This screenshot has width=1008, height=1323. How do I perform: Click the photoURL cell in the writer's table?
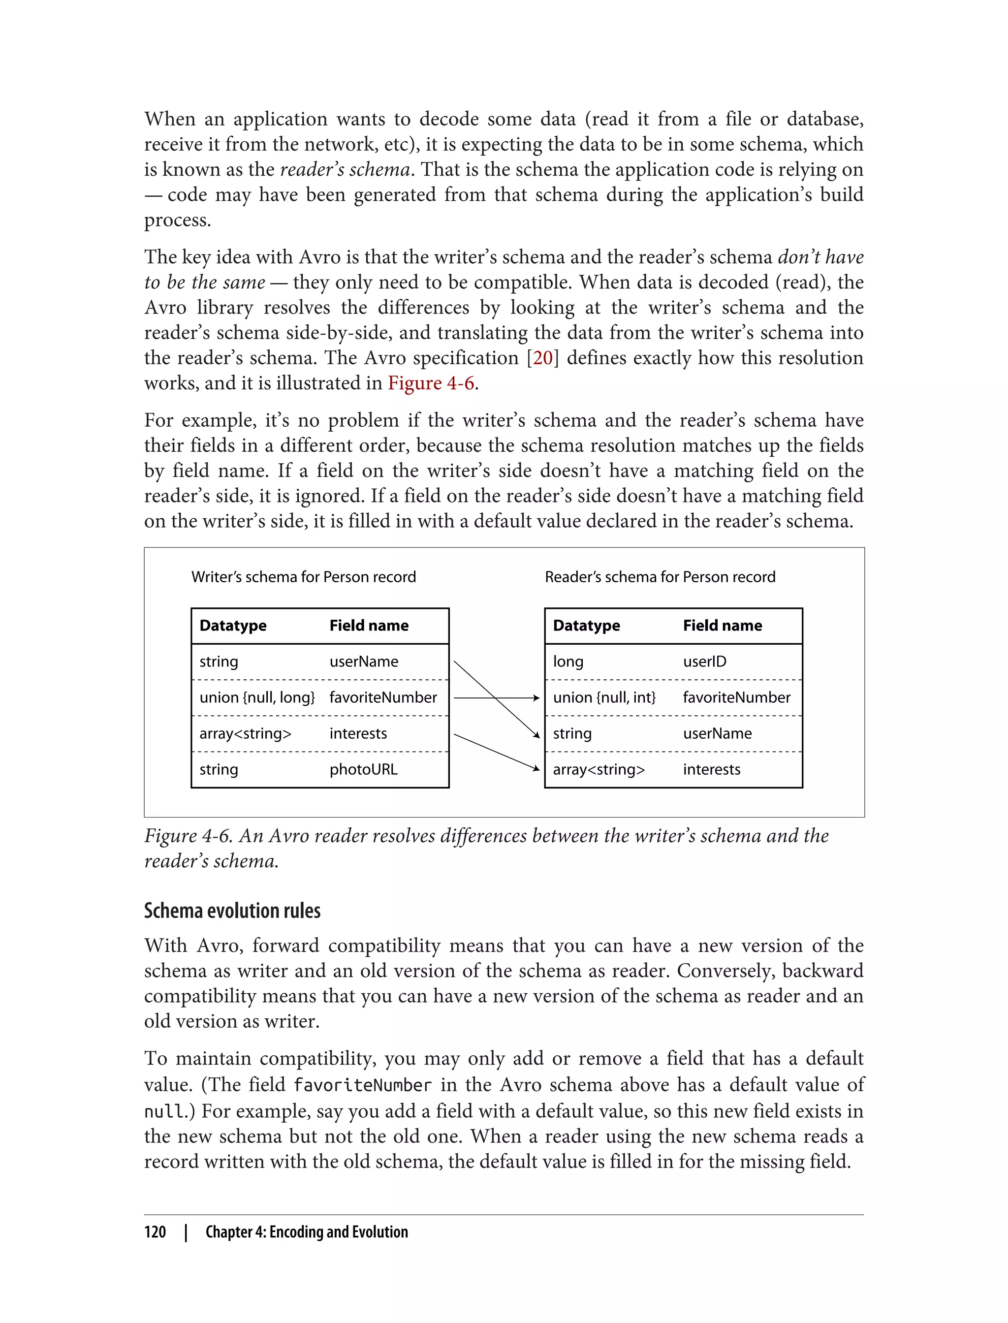[x=363, y=770]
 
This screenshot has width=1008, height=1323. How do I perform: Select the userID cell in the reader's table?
[x=704, y=662]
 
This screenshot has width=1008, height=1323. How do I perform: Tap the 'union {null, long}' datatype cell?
[x=257, y=698]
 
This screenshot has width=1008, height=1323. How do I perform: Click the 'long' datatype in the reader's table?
[x=567, y=662]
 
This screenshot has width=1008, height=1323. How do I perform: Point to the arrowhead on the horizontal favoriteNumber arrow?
[x=536, y=698]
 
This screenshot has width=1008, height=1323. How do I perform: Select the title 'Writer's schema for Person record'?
[x=303, y=577]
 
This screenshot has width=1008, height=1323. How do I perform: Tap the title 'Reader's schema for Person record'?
[x=660, y=577]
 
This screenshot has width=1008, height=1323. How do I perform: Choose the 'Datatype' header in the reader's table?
[x=586, y=626]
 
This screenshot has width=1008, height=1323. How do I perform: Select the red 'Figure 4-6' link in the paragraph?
[x=431, y=383]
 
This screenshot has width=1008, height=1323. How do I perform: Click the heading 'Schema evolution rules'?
[x=232, y=911]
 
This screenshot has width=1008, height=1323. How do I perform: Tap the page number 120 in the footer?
[x=155, y=1232]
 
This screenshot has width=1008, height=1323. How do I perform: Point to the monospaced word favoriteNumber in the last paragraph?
[x=362, y=1085]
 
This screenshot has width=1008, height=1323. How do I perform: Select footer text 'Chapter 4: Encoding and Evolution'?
[x=306, y=1232]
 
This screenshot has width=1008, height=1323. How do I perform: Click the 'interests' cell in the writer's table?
[x=358, y=734]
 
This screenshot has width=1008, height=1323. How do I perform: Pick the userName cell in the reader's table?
[x=717, y=734]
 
